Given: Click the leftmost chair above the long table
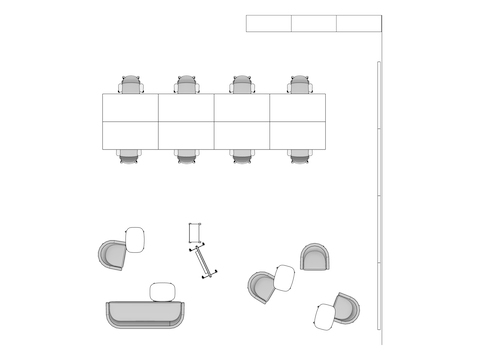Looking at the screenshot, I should pos(132,85).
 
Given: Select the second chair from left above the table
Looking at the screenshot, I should pos(187,85).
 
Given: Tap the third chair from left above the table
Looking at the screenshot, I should pos(242,85).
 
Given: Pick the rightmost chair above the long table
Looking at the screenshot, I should pos(298,85).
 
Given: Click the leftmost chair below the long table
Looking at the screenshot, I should pos(132,156).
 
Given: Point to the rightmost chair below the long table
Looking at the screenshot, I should pos(298,156).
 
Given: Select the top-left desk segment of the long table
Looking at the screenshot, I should pos(131,107).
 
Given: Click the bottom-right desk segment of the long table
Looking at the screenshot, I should pos(297,136).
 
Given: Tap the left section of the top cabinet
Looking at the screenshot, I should pos(269,23).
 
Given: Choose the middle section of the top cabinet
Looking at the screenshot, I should pos(314,23).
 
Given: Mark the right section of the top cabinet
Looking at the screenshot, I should pos(359,23).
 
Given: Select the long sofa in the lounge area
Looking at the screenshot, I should pos(146,314).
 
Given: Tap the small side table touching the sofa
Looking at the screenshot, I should pos(163,292).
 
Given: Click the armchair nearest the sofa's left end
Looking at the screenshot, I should pos(112,255).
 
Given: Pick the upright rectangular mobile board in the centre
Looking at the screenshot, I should pos(195,234).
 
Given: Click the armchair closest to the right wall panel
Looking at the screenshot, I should pos(346,307).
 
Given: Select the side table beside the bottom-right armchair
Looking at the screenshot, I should pos(324,316).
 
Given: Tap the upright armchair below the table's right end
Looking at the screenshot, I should pos(314,256).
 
